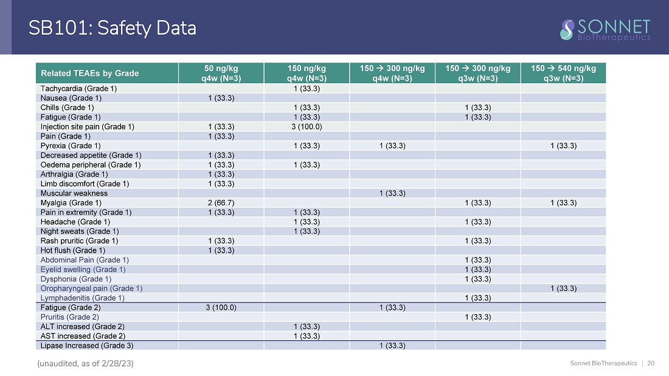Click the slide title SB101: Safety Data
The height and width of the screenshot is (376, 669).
coord(113,28)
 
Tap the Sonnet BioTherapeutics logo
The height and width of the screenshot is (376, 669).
coord(605,29)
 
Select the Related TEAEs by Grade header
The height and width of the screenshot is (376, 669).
coord(89,73)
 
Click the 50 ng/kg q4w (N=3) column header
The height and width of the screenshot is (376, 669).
coord(221,73)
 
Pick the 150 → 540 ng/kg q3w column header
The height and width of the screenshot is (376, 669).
coord(563,73)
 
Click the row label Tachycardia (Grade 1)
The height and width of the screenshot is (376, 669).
coord(79,88)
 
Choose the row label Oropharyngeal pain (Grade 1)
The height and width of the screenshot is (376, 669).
coord(91,288)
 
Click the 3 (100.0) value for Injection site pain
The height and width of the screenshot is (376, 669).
coord(307,126)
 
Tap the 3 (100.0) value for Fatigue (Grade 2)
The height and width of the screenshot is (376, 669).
coord(221,307)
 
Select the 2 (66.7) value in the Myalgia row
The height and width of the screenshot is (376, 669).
coord(221,203)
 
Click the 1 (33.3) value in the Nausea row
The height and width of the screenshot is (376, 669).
coord(221,98)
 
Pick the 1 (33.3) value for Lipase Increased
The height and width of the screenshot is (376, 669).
coord(392,346)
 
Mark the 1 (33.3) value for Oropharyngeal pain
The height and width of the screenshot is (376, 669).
coord(563,288)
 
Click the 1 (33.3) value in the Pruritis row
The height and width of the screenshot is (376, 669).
coord(477,317)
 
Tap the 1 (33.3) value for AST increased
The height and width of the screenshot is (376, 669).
coord(307,336)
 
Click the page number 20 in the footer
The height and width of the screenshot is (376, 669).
coord(651,363)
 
